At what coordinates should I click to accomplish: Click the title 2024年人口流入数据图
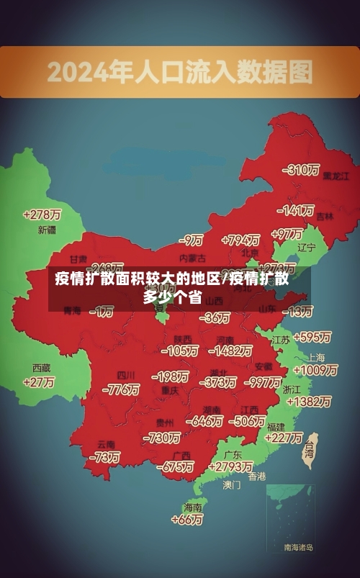pyautogui.click(x=180, y=72)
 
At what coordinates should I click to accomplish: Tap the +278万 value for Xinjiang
pyautogui.click(x=42, y=215)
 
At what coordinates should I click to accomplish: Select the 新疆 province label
pyautogui.click(x=47, y=230)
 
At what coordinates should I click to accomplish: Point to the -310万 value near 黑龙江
pyautogui.click(x=301, y=171)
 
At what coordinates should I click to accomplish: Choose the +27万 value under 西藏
pyautogui.click(x=39, y=382)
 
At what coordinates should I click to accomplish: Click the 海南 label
pyautogui.click(x=193, y=507)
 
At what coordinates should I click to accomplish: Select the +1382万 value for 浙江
pyautogui.click(x=307, y=402)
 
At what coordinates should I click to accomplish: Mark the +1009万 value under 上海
pyautogui.click(x=315, y=370)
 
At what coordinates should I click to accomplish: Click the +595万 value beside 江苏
pyautogui.click(x=312, y=337)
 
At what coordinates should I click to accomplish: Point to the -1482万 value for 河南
pyautogui.click(x=230, y=351)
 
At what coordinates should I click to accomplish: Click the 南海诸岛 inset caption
pyautogui.click(x=298, y=548)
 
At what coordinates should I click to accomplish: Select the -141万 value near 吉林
pyautogui.click(x=297, y=211)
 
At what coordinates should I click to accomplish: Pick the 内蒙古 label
pyautogui.click(x=192, y=258)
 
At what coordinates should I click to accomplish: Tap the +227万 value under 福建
pyautogui.click(x=284, y=438)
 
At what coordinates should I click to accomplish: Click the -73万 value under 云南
pyautogui.click(x=105, y=457)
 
